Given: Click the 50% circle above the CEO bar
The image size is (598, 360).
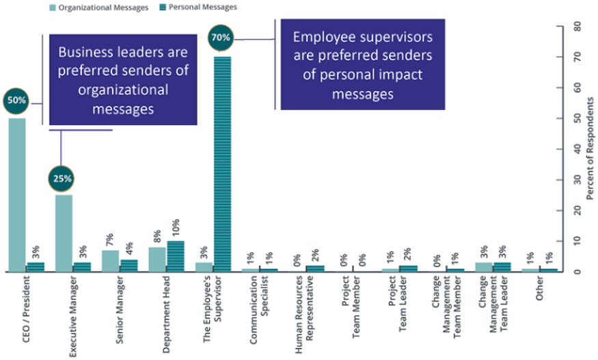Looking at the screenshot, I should pyautogui.click(x=16, y=100).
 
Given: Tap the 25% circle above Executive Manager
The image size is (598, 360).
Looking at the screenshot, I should pyautogui.click(x=64, y=179).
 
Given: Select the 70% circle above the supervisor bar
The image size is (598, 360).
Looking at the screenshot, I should pyautogui.click(x=221, y=38).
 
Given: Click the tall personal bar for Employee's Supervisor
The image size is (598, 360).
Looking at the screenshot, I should pyautogui.click(x=222, y=164).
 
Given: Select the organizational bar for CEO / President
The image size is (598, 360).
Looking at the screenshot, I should pyautogui.click(x=16, y=195).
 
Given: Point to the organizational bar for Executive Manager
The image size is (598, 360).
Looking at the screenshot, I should pyautogui.click(x=64, y=233).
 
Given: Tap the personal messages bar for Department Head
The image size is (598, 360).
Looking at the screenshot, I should pyautogui.click(x=176, y=256).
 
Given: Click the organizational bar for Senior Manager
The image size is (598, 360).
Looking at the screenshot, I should pyautogui.click(x=111, y=261).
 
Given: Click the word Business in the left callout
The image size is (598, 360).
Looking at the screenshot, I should pyautogui.click(x=82, y=53).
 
